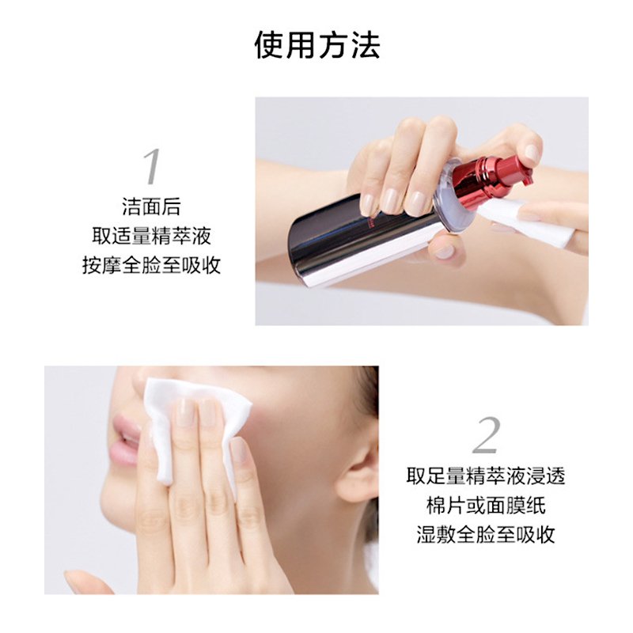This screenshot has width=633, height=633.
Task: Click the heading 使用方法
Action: [x=317, y=45]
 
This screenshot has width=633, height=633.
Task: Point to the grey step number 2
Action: [x=486, y=435]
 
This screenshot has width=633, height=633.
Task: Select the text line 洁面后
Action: [x=151, y=207]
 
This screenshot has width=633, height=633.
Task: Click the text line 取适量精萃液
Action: [x=151, y=236]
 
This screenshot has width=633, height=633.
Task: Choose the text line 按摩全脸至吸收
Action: [x=151, y=265]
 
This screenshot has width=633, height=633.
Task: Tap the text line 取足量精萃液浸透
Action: [x=486, y=476]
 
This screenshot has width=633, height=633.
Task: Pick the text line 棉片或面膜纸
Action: [x=486, y=506]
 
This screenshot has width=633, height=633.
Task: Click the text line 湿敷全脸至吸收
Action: [x=486, y=535]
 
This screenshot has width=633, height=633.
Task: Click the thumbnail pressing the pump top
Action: [x=532, y=154]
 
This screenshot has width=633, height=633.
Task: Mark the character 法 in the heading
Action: [x=365, y=45]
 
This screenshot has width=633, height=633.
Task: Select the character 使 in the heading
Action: [x=269, y=45]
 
